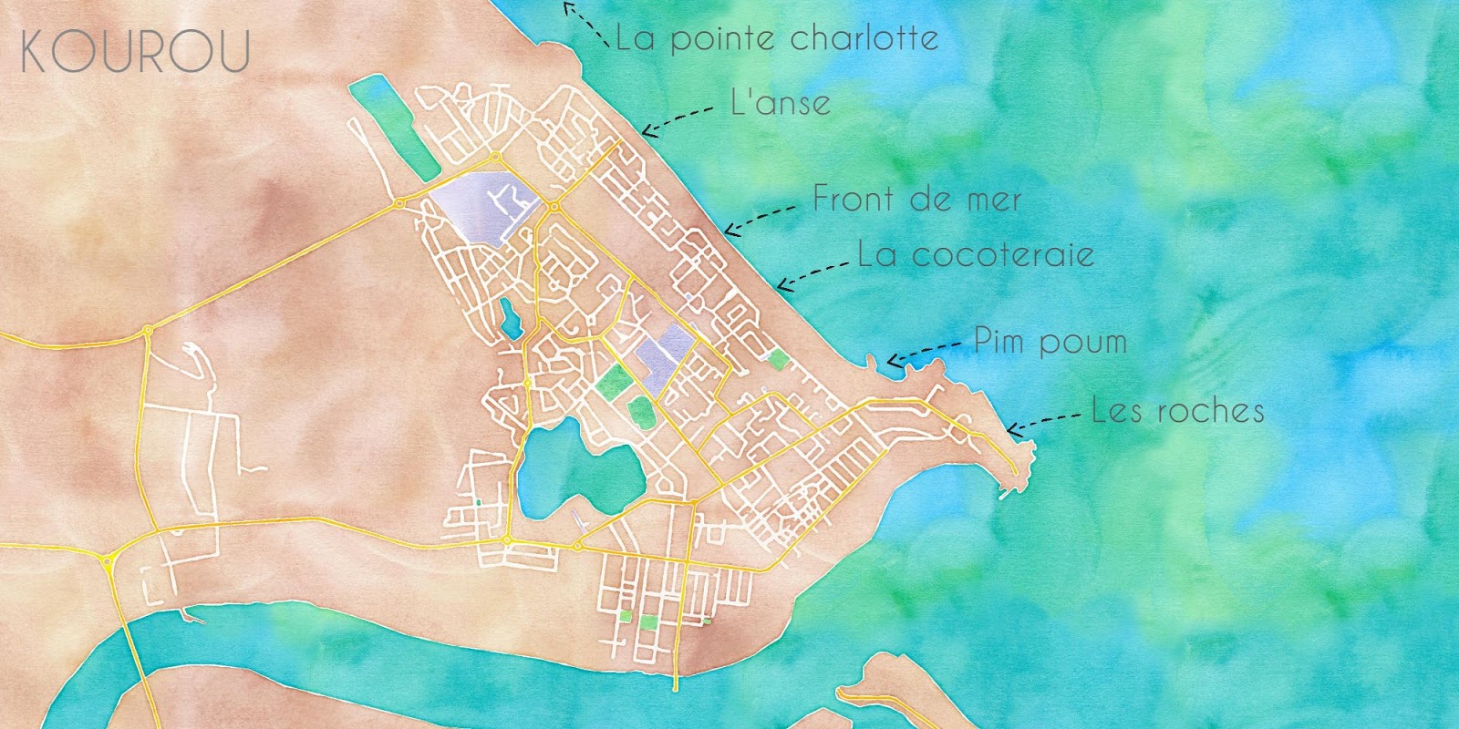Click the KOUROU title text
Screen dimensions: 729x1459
click(135, 52)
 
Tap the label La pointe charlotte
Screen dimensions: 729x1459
click(777, 38)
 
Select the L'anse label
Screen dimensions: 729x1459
click(781, 102)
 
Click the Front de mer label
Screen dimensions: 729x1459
click(916, 199)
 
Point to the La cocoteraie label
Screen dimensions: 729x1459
click(976, 254)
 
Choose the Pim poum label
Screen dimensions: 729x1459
click(1050, 342)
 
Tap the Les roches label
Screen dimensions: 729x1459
click(1178, 411)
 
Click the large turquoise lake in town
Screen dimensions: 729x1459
click(570, 469)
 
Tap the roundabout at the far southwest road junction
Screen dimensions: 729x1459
click(109, 561)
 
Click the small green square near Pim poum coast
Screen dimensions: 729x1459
click(777, 359)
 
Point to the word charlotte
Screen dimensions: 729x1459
click(864, 38)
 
